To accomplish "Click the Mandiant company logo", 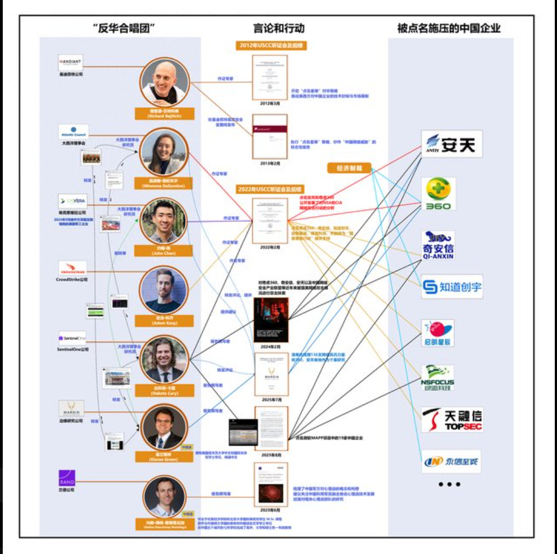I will [71, 61].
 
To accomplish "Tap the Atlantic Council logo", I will [73, 132].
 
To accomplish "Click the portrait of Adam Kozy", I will [164, 291].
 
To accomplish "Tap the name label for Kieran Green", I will [164, 454].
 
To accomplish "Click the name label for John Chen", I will [164, 250].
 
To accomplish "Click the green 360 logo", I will [440, 194].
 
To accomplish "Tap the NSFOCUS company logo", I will [438, 378].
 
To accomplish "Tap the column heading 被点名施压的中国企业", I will [449, 28].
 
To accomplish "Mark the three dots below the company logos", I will [449, 485].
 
